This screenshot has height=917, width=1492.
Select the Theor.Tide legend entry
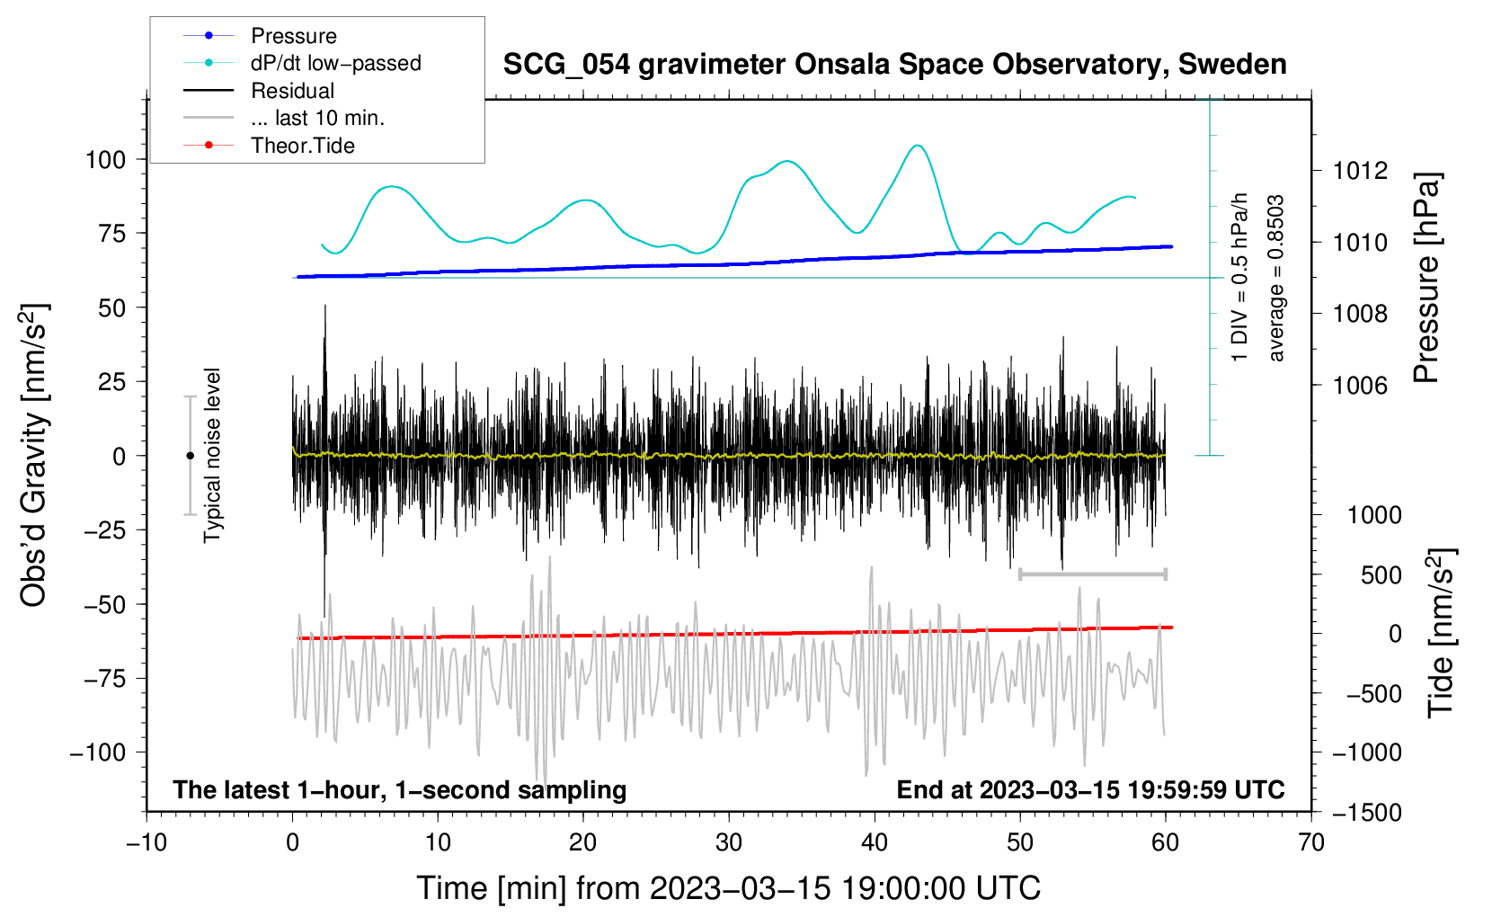[x=302, y=146]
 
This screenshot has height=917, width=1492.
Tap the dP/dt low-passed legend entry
[x=335, y=64]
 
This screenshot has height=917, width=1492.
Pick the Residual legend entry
[x=292, y=91]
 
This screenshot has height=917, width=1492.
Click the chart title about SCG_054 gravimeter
[x=894, y=65]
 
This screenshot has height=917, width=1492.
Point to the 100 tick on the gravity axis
[x=105, y=160]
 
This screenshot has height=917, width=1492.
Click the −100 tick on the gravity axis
[x=98, y=752]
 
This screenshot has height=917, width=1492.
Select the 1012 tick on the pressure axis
[x=1360, y=171]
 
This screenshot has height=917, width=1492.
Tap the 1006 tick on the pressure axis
[x=1360, y=386]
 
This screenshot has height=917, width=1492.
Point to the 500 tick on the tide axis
[x=1381, y=575]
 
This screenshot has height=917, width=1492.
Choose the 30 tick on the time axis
[x=729, y=842]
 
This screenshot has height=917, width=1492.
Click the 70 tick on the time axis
[x=1311, y=842]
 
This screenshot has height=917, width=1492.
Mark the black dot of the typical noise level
[x=190, y=456]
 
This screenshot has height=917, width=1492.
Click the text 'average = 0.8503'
[x=1276, y=279]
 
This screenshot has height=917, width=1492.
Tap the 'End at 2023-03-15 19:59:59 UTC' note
[x=1090, y=790]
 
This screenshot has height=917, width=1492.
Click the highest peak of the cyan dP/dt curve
[x=917, y=146]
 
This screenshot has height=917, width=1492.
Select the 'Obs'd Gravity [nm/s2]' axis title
[x=34, y=456]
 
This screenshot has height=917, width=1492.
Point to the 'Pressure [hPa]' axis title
[x=1427, y=279]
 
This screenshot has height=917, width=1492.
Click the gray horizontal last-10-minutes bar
[x=1092, y=574]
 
